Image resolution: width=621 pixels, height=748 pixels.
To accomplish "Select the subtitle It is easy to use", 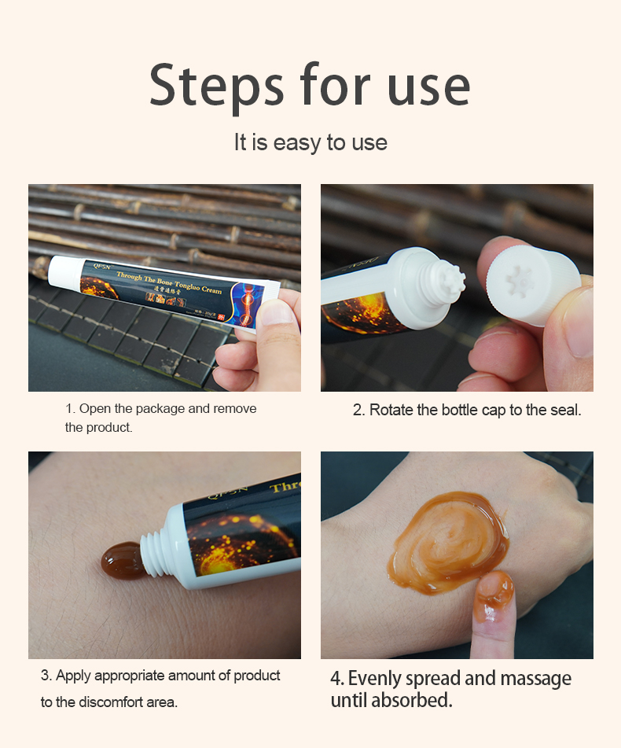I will click(310, 142).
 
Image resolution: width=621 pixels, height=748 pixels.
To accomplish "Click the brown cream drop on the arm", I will click(123, 559).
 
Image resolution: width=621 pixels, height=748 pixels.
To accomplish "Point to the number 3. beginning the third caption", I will click(46, 676).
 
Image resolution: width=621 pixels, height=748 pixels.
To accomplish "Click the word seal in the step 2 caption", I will click(566, 410).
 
